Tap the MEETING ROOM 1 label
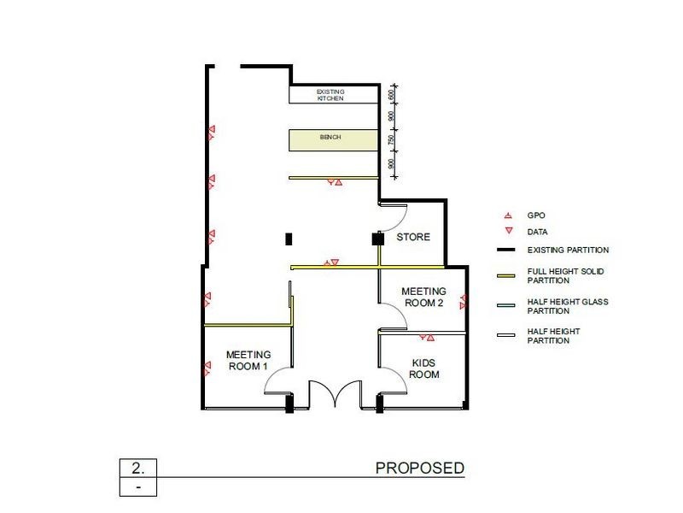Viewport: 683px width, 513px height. pos(248,360)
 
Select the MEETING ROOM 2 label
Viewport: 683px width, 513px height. pos(423,297)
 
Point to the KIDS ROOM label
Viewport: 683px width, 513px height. pos(424,369)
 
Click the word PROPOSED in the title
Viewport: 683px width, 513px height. pos(420,469)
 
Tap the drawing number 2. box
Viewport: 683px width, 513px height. pos(137,469)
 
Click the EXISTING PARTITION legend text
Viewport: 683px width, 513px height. pos(568,250)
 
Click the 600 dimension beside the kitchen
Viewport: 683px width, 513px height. pos(391,95)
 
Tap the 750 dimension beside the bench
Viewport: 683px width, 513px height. pos(391,139)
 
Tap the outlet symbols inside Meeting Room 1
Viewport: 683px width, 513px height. pos(206,369)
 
